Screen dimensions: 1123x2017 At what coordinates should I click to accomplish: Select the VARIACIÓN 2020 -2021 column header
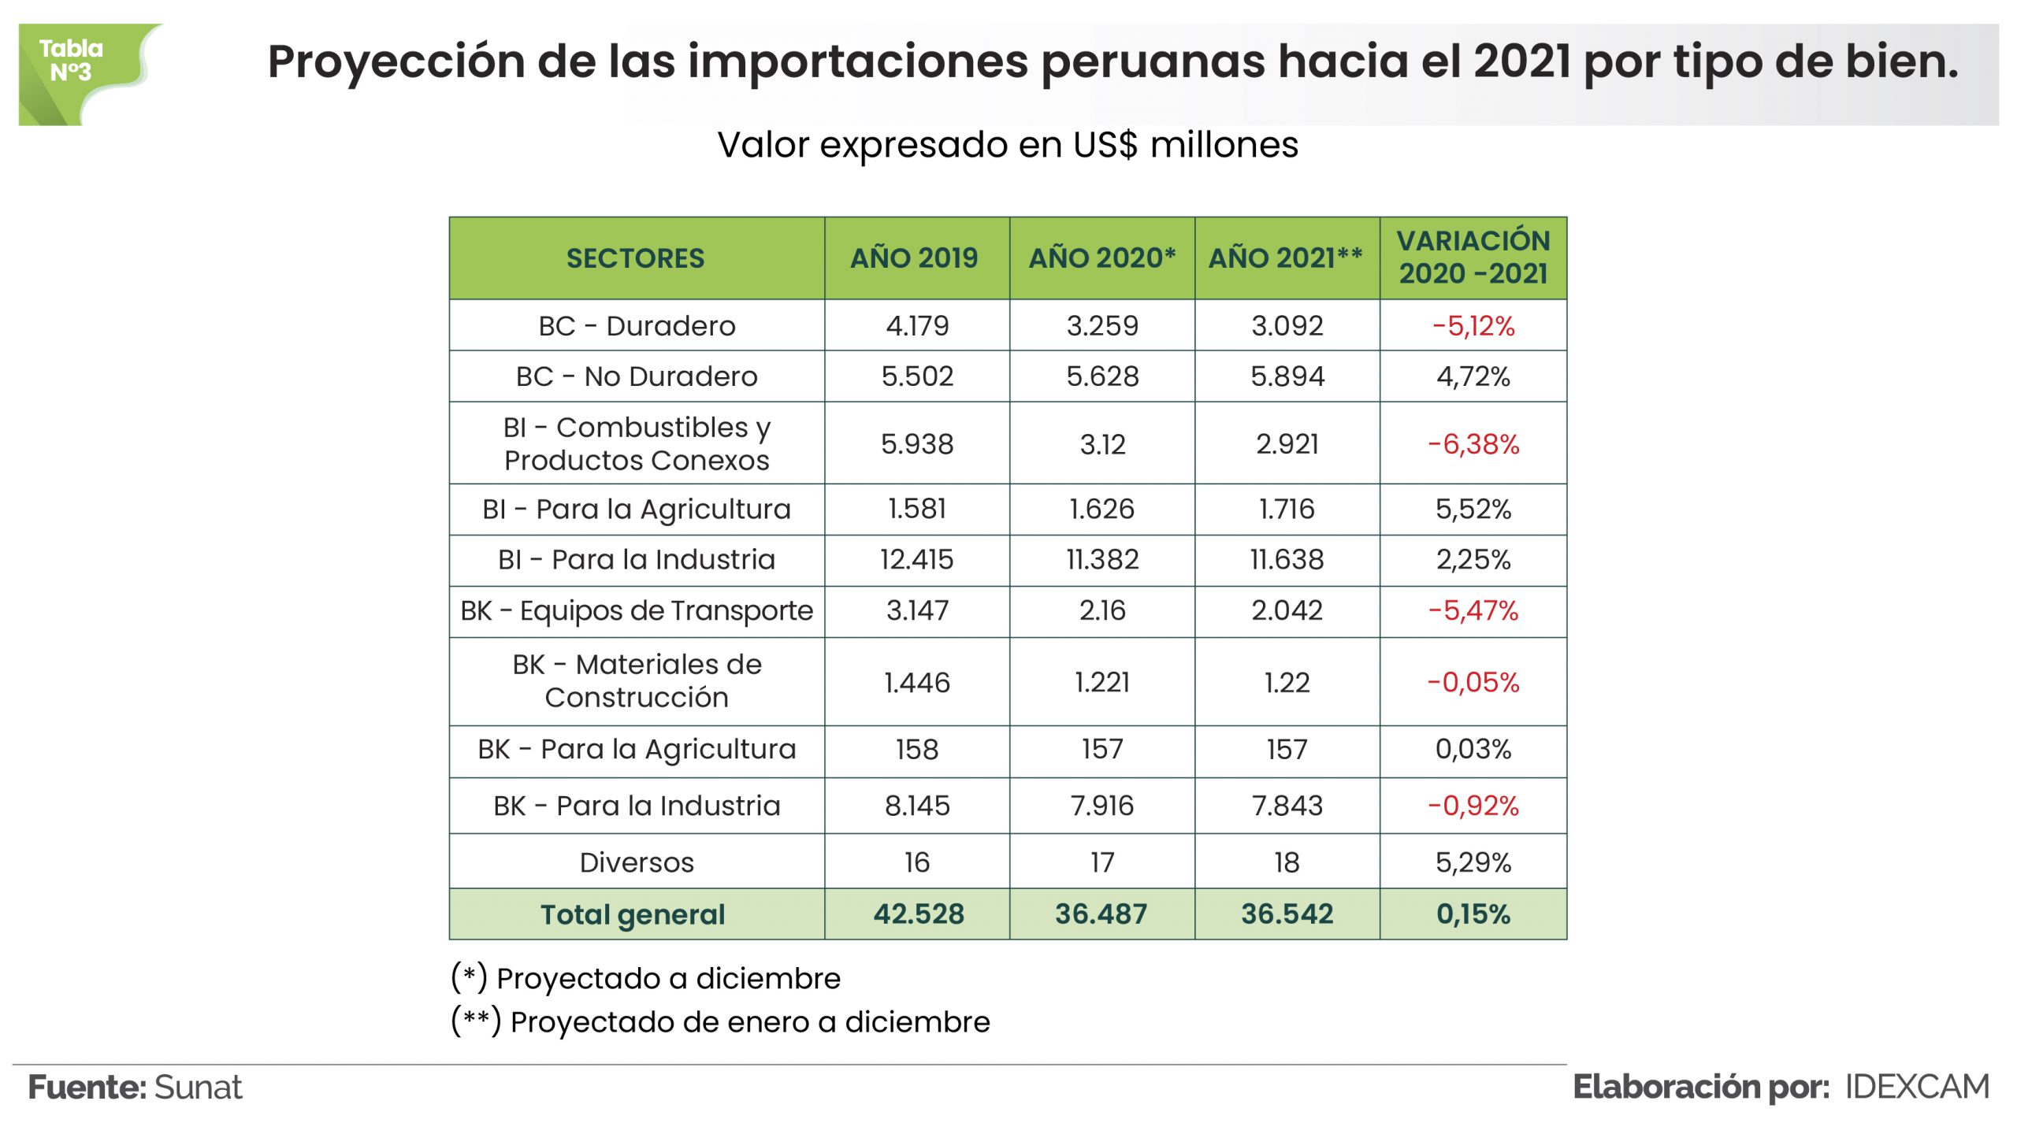(1473, 258)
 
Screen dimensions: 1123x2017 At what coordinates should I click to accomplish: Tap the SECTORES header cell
(635, 258)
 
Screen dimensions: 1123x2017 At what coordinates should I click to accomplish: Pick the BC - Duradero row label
(637, 326)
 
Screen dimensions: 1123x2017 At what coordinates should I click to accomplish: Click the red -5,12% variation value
(1473, 326)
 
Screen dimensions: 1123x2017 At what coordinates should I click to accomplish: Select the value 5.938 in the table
(917, 444)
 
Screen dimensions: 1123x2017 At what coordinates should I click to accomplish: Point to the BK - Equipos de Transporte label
(637, 611)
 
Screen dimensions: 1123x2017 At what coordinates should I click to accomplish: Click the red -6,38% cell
(1473, 444)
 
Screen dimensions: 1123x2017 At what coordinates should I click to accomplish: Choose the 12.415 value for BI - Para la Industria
(917, 560)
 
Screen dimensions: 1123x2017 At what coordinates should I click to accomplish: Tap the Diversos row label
(637, 863)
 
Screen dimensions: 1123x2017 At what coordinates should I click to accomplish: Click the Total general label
(633, 915)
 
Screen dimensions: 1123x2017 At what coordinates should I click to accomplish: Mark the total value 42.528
(919, 914)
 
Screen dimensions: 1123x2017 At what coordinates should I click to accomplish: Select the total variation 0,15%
(1473, 914)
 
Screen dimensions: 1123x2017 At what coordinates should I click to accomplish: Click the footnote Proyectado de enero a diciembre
(749, 1022)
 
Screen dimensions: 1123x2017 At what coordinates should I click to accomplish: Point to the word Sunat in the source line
(199, 1088)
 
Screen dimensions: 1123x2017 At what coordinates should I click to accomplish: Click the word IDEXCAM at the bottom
(1917, 1088)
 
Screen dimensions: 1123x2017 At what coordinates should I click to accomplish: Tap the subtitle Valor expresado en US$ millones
(1008, 145)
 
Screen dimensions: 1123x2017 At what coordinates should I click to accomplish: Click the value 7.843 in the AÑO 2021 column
(1287, 806)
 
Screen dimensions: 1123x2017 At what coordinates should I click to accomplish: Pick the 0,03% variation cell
(1473, 750)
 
